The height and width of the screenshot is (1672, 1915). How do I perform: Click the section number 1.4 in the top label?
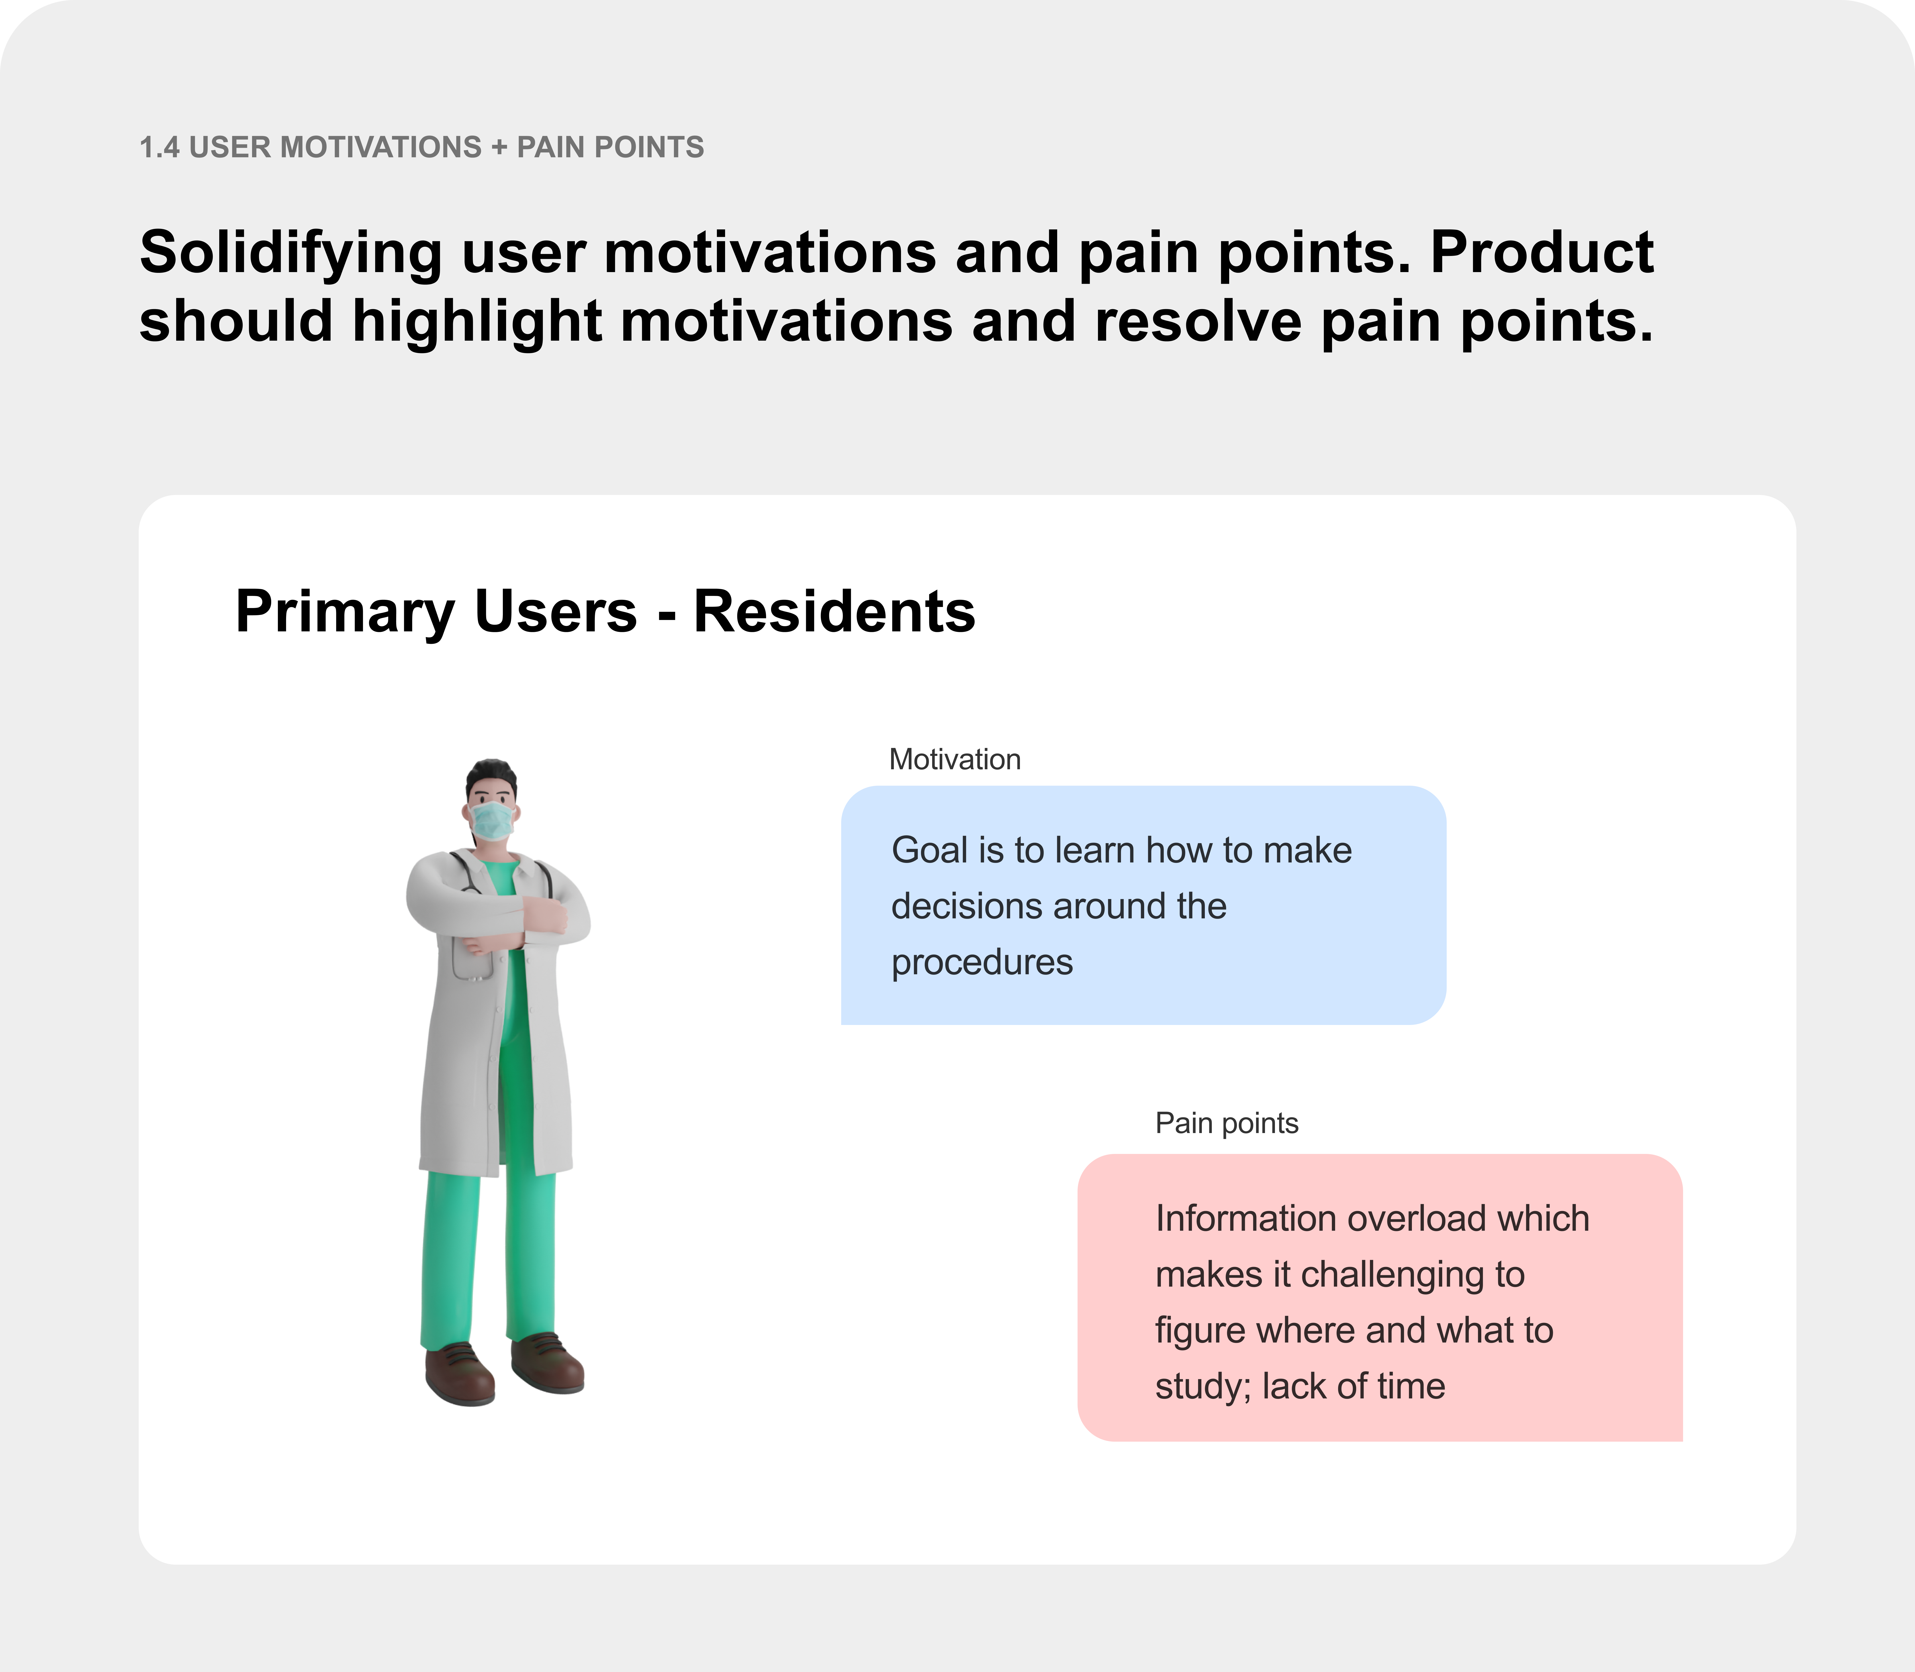click(160, 147)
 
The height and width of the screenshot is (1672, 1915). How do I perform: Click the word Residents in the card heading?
click(834, 612)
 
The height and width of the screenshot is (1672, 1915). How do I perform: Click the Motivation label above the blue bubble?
click(955, 760)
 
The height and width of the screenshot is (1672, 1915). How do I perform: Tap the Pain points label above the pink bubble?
click(1226, 1123)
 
